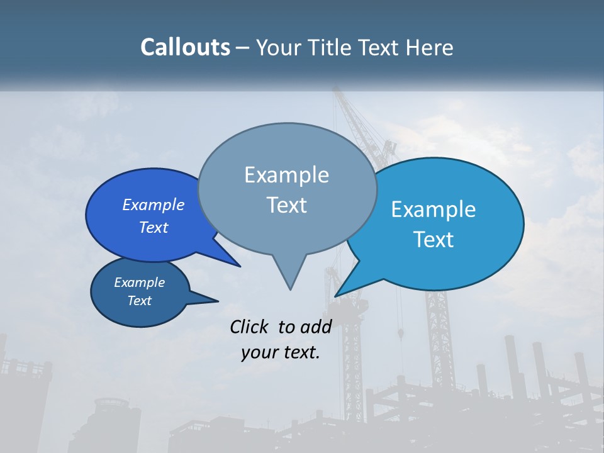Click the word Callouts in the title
pyautogui.click(x=185, y=47)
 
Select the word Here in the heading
pyautogui.click(x=430, y=47)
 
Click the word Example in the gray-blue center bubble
pyautogui.click(x=286, y=175)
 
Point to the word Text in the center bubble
pyautogui.click(x=286, y=205)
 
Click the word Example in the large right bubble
pyautogui.click(x=433, y=210)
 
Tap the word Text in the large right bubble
pyautogui.click(x=434, y=240)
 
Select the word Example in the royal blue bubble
pyautogui.click(x=154, y=204)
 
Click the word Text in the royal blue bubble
pyautogui.click(x=154, y=227)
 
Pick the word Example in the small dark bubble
pyautogui.click(x=140, y=282)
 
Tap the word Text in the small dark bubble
pyautogui.click(x=140, y=301)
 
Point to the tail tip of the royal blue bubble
pyautogui.click(x=239, y=266)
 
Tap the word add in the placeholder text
pyautogui.click(x=316, y=327)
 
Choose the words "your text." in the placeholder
pyautogui.click(x=281, y=352)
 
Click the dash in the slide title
pyautogui.click(x=243, y=47)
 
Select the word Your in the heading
pyautogui.click(x=277, y=47)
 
